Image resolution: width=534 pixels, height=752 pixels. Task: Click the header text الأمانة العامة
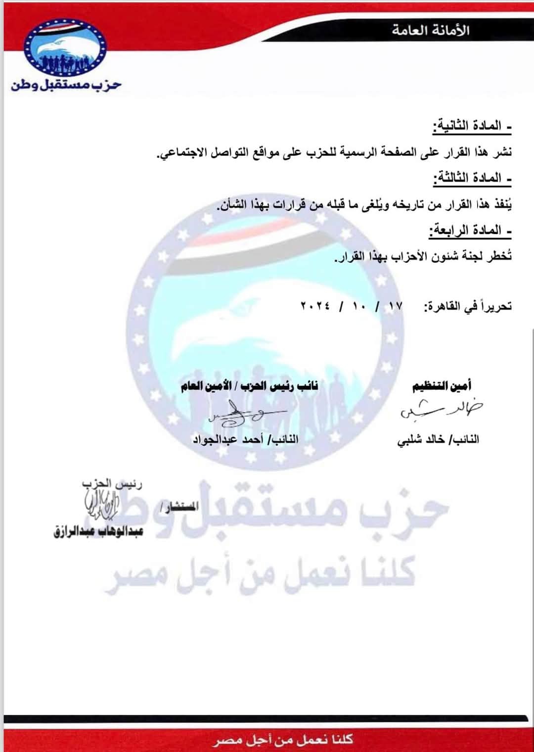(x=431, y=30)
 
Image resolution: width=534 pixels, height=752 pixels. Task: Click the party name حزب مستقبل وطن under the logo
(x=66, y=85)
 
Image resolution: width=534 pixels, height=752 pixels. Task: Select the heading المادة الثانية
(x=472, y=127)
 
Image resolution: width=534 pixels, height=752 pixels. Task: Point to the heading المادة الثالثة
(x=472, y=179)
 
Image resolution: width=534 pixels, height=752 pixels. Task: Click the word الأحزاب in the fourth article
(x=408, y=256)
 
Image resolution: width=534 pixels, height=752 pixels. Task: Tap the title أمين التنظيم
(x=442, y=386)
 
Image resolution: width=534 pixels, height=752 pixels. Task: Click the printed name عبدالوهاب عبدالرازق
(x=98, y=532)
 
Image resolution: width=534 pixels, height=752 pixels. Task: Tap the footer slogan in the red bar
(x=284, y=740)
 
